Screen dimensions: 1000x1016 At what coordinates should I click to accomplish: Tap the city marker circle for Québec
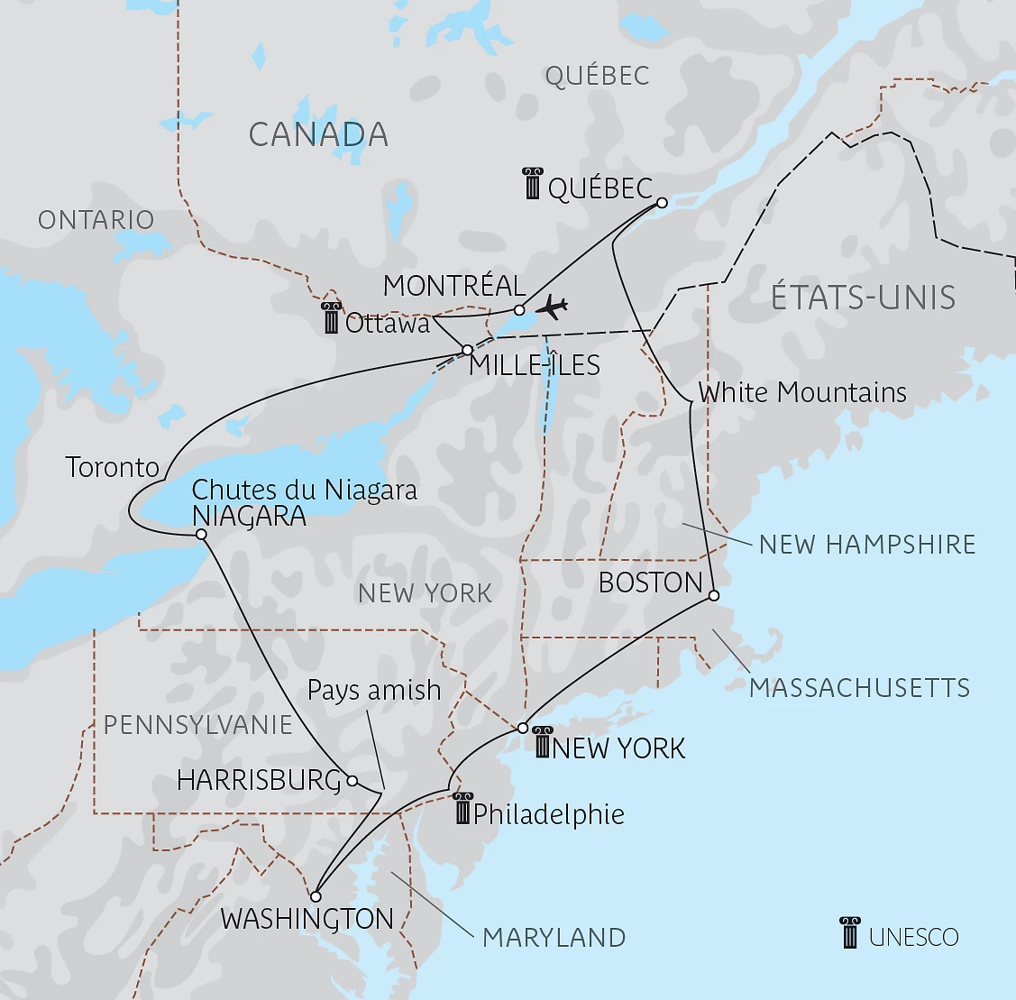(661, 203)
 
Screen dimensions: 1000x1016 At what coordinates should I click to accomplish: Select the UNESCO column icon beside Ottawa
(331, 318)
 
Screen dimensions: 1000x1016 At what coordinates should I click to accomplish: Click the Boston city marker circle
(713, 595)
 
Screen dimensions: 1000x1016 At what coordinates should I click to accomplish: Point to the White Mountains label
(802, 392)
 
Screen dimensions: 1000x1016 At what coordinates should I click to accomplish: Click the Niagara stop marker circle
(201, 535)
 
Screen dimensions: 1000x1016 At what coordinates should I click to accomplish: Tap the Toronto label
(112, 467)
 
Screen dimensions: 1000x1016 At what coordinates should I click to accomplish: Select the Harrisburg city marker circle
(352, 780)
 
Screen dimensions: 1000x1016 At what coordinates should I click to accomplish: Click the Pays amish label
(374, 691)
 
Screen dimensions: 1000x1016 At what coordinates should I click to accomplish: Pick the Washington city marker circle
(316, 897)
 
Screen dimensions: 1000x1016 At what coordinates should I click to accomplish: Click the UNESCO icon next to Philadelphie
(462, 809)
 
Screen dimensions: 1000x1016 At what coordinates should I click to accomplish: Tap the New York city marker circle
(523, 728)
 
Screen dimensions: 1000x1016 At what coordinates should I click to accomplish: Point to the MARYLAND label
(554, 938)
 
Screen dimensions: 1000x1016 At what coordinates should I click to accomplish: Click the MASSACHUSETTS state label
(859, 688)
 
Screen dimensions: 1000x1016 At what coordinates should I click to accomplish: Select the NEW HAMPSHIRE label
(867, 545)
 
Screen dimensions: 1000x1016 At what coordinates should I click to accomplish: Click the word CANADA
(318, 135)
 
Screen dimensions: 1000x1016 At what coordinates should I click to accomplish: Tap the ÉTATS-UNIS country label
(863, 298)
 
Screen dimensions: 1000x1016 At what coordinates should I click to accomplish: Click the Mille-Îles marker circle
(467, 350)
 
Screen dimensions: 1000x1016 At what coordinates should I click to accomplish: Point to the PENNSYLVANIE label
(198, 725)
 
